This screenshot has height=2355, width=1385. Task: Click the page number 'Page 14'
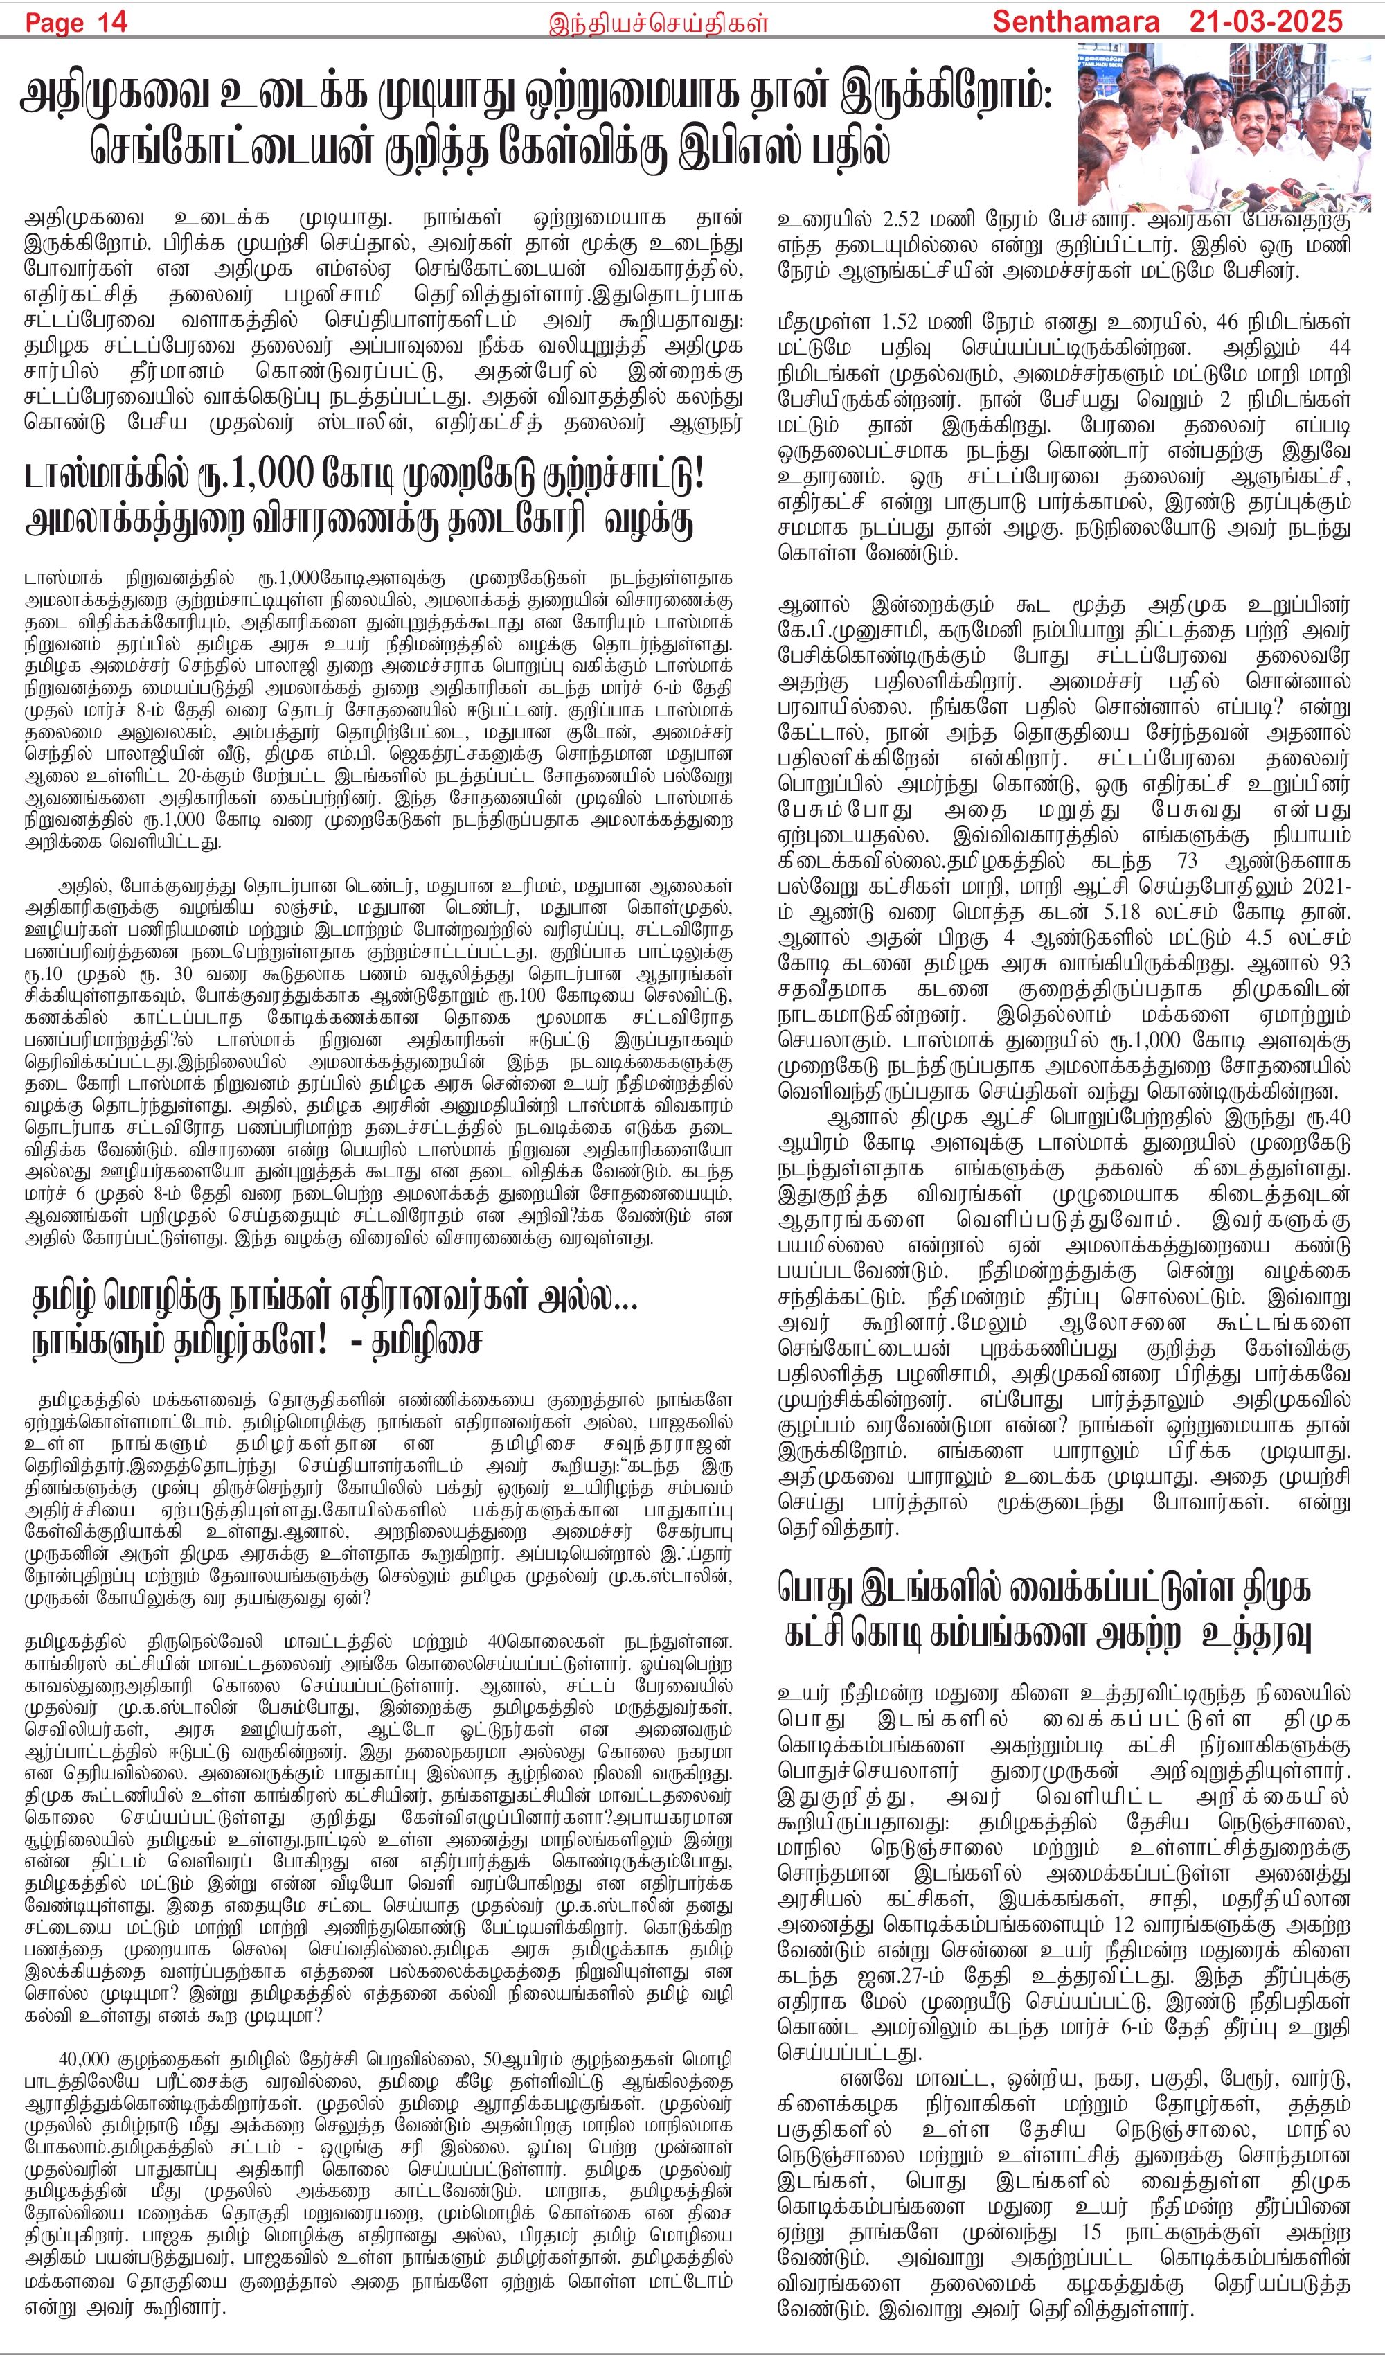[77, 22]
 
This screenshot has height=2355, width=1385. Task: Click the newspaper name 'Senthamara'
[1075, 22]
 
